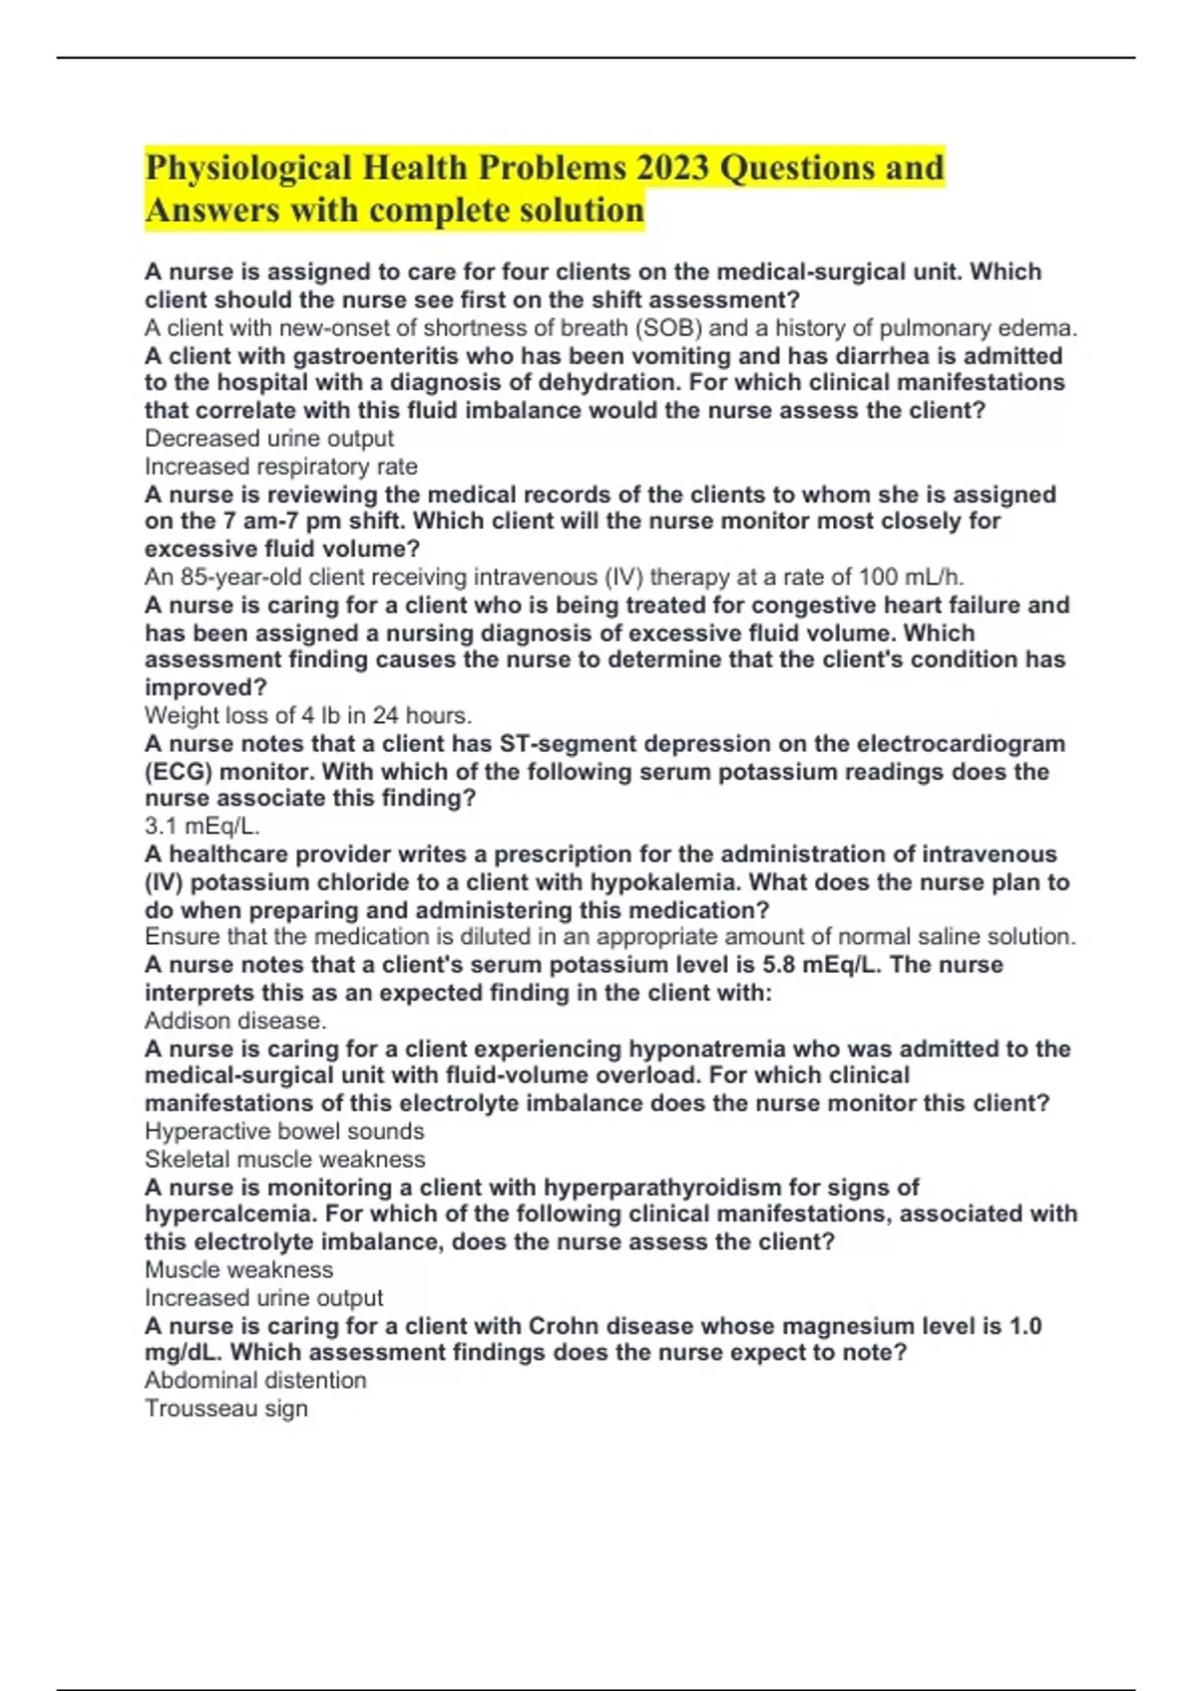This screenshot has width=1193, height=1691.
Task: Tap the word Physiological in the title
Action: tap(249, 167)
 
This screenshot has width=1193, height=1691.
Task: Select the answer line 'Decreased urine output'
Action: tap(268, 439)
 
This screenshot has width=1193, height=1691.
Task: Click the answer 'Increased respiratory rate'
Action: tap(280, 467)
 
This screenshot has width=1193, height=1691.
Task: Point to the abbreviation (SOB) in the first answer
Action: tap(667, 328)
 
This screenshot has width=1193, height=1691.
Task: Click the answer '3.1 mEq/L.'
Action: tap(203, 826)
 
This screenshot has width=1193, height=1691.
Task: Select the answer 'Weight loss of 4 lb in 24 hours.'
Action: tap(308, 715)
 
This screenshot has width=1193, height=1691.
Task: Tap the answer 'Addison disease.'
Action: tap(236, 1021)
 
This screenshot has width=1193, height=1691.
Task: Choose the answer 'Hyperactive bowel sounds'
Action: tap(284, 1131)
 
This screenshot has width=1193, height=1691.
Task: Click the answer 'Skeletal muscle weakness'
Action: tap(284, 1159)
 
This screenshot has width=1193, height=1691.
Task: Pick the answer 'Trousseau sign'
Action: tap(227, 1409)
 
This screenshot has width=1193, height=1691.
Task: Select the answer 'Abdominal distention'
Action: tap(256, 1381)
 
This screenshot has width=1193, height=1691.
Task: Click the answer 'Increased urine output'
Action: tap(263, 1298)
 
